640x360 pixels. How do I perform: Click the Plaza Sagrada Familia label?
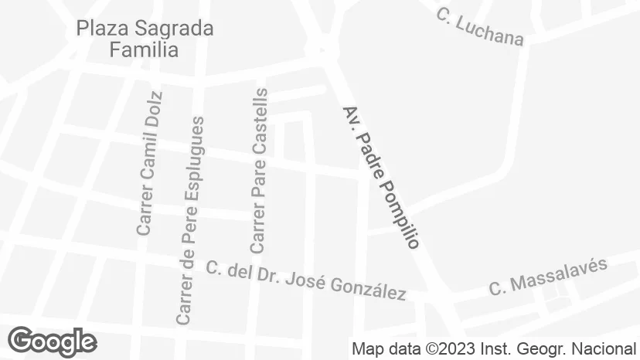[x=145, y=39]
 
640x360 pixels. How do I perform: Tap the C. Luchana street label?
[x=479, y=26]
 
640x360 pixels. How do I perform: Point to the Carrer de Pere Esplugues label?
[x=190, y=220]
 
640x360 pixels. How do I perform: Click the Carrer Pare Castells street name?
[x=259, y=171]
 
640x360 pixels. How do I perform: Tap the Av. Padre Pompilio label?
[x=380, y=177]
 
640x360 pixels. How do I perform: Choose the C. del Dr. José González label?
[x=306, y=280]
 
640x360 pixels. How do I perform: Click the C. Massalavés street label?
[x=548, y=277]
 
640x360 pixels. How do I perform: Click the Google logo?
[x=52, y=341]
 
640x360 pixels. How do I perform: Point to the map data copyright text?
[x=494, y=348]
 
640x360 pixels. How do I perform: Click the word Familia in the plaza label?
[x=145, y=50]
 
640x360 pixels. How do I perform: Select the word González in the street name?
[x=368, y=288]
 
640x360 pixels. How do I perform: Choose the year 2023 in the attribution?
[x=455, y=348]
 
